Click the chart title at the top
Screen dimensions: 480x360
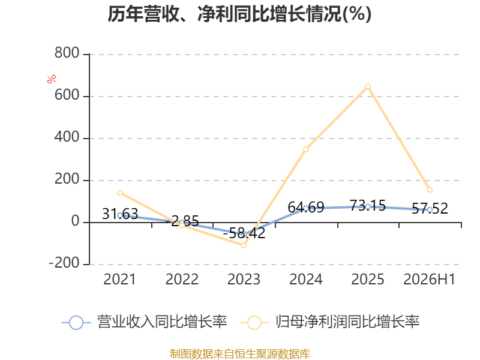pyautogui.click(x=239, y=14)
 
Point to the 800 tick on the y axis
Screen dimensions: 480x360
pyautogui.click(x=67, y=53)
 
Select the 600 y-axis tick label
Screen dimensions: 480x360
pyautogui.click(x=67, y=95)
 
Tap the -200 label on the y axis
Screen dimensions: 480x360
pyautogui.click(x=64, y=263)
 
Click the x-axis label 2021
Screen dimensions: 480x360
pyautogui.click(x=119, y=279)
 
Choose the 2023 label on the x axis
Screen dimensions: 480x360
pyautogui.click(x=244, y=279)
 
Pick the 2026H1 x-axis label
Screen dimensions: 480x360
pyautogui.click(x=430, y=279)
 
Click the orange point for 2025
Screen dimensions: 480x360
pyautogui.click(x=368, y=87)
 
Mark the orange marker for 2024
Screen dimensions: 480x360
pyautogui.click(x=306, y=149)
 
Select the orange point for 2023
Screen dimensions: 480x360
pyautogui.click(x=244, y=245)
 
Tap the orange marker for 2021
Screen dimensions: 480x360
pyautogui.click(x=120, y=193)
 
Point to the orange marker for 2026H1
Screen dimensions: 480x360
pyautogui.click(x=430, y=190)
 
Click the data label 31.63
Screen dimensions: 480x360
pyautogui.click(x=120, y=214)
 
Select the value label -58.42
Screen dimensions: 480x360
pyautogui.click(x=244, y=233)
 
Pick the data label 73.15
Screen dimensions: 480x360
pyautogui.click(x=368, y=205)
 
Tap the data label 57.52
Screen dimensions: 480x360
pyautogui.click(x=430, y=208)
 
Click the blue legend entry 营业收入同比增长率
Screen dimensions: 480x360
pyautogui.click(x=144, y=322)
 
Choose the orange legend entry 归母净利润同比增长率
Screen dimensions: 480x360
pyautogui.click(x=329, y=322)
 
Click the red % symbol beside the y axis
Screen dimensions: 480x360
pyautogui.click(x=52, y=79)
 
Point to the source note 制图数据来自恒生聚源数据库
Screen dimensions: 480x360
pyautogui.click(x=240, y=354)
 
